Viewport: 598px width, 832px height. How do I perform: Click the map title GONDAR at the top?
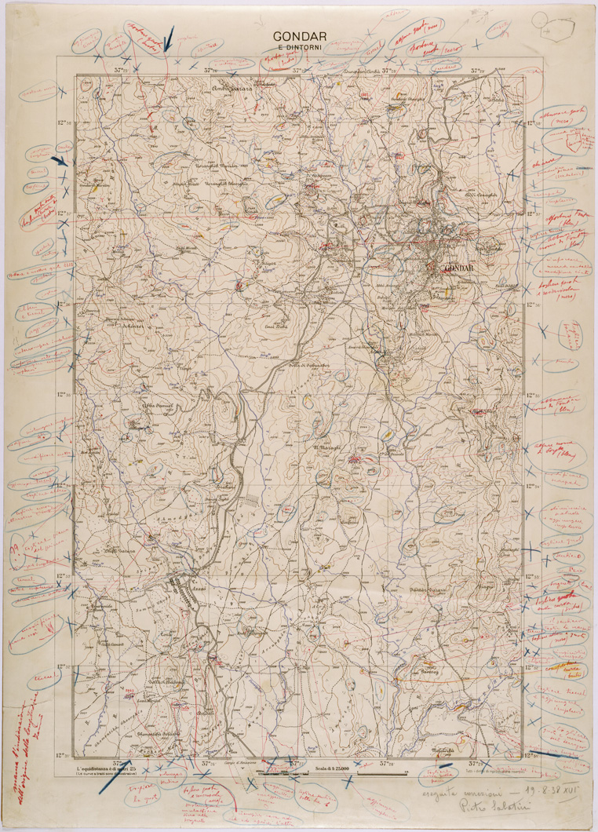pyautogui.click(x=299, y=36)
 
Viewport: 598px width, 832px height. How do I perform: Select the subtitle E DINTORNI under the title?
pyautogui.click(x=299, y=51)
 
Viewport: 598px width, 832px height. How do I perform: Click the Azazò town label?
pyautogui.click(x=179, y=586)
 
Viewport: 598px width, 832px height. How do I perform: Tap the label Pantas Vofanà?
pyautogui.click(x=429, y=588)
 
